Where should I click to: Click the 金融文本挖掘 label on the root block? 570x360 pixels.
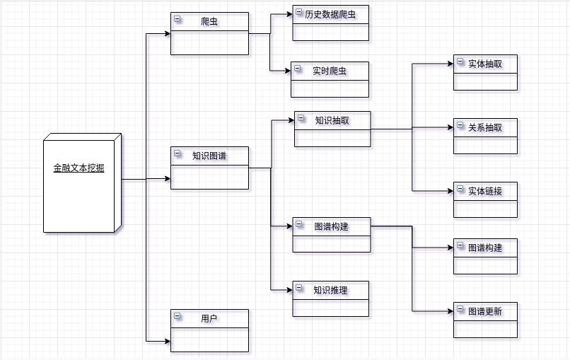coord(78,168)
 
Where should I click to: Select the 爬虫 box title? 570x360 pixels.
coord(209,22)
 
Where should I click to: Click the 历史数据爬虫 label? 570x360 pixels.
coord(331,14)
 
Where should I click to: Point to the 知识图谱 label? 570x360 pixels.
coord(209,156)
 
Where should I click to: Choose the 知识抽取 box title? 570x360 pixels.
coord(332,120)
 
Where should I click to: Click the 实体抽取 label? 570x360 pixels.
coord(485,64)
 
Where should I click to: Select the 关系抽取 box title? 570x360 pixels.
coord(485,127)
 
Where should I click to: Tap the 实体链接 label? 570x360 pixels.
coord(485,191)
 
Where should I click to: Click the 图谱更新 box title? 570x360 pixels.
coord(485,311)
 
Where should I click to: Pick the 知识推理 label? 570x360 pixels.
coord(331,290)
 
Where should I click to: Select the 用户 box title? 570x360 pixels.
coord(209,319)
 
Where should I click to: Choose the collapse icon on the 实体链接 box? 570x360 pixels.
coord(460,189)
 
